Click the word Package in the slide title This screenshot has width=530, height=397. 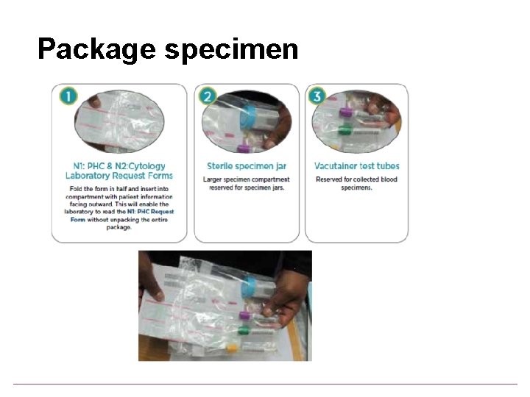[96, 49]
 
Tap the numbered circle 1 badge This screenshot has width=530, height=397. [67, 97]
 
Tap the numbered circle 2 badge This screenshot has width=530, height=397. [208, 97]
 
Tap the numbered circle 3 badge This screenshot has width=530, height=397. [318, 97]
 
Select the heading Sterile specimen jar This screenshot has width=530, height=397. [246, 166]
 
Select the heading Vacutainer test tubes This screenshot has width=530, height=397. [356, 166]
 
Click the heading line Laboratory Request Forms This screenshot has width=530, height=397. [119, 176]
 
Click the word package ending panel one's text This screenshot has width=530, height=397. [119, 228]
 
